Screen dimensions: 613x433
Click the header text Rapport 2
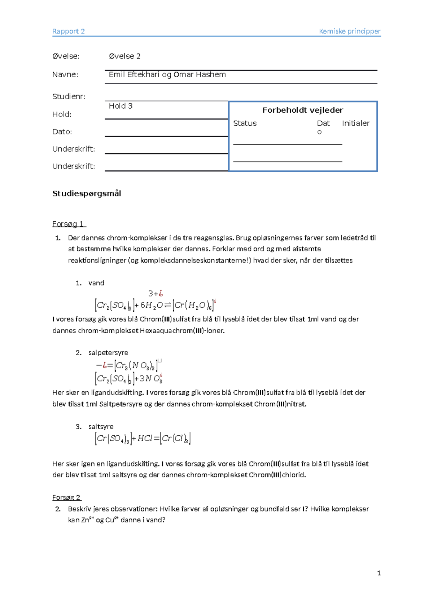69,31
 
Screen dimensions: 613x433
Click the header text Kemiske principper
349,31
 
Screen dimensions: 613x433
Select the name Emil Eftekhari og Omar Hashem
167,75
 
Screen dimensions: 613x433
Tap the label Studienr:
69,96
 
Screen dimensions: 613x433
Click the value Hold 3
121,106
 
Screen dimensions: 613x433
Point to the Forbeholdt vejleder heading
302,110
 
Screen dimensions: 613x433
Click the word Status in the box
245,123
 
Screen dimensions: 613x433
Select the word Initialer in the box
355,123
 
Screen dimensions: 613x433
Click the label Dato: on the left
62,132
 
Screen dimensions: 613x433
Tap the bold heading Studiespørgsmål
87,194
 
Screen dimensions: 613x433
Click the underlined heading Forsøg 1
69,224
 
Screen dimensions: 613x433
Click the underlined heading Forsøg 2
66,497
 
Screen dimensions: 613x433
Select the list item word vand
96,283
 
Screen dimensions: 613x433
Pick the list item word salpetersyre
108,353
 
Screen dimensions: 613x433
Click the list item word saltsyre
101,427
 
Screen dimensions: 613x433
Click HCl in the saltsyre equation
145,439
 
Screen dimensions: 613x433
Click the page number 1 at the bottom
379,573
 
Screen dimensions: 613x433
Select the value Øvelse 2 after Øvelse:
124,56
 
